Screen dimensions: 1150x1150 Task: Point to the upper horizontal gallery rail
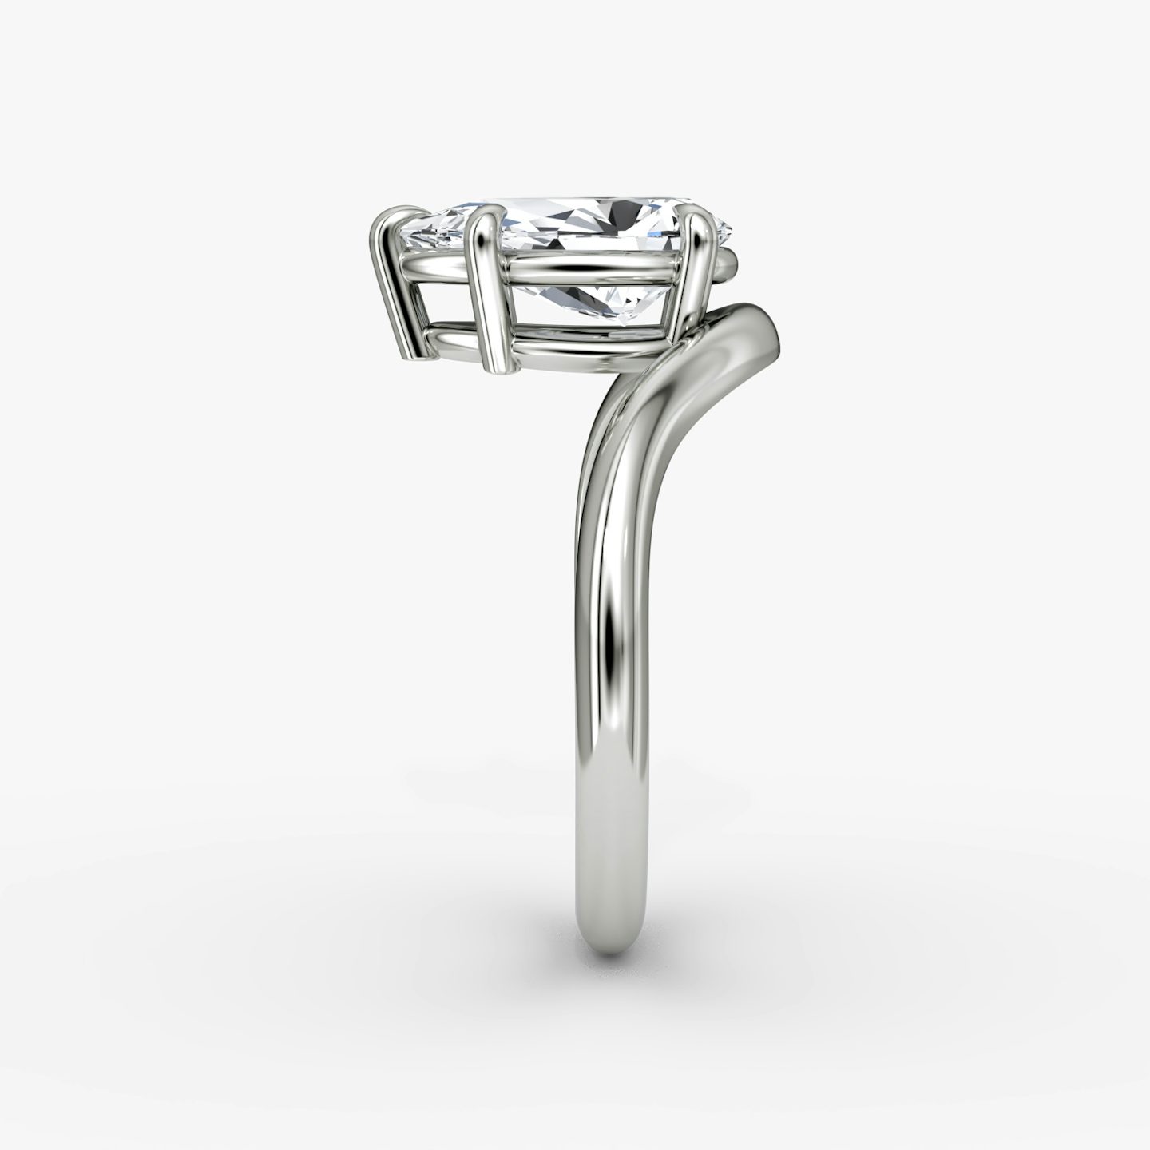[591, 270]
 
